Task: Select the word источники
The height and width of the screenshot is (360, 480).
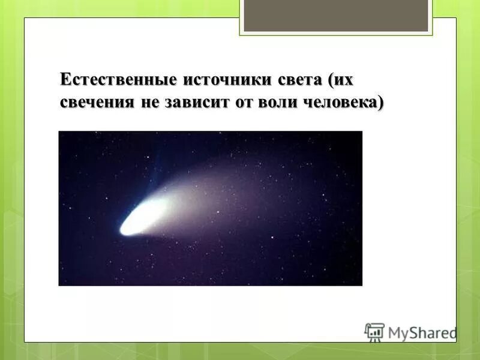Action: [x=216, y=80]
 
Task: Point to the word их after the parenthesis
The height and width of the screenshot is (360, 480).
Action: [x=344, y=80]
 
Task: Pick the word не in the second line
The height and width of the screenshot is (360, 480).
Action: [x=150, y=102]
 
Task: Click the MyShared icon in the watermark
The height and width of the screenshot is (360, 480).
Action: [x=374, y=332]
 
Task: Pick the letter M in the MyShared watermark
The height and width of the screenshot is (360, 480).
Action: [x=395, y=332]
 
